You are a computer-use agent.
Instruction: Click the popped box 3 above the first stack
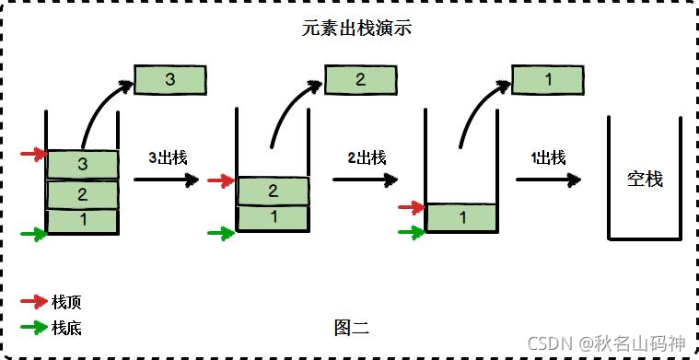pyautogui.click(x=170, y=80)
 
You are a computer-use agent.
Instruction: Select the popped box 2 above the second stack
pyautogui.click(x=361, y=80)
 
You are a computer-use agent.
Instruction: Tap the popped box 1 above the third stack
pyautogui.click(x=548, y=80)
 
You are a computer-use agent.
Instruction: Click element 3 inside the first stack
pyautogui.click(x=83, y=165)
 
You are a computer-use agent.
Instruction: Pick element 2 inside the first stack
pyautogui.click(x=83, y=194)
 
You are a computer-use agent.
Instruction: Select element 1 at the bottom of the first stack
pyautogui.click(x=83, y=221)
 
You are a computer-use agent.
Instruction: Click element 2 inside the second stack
pyautogui.click(x=274, y=191)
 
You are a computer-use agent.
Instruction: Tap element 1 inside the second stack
pyautogui.click(x=274, y=217)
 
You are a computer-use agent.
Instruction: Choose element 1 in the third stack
pyautogui.click(x=461, y=217)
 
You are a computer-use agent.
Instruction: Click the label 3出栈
pyautogui.click(x=169, y=157)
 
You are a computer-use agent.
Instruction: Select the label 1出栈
pyautogui.click(x=548, y=157)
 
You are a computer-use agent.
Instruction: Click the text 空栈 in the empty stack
pyautogui.click(x=645, y=179)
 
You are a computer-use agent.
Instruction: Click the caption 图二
pyautogui.click(x=352, y=326)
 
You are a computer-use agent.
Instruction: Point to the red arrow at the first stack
pyautogui.click(x=33, y=154)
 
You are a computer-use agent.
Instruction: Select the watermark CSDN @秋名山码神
pyautogui.click(x=607, y=343)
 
